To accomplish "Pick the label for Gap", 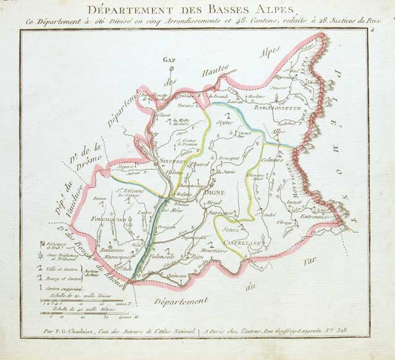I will click(x=169, y=60).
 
